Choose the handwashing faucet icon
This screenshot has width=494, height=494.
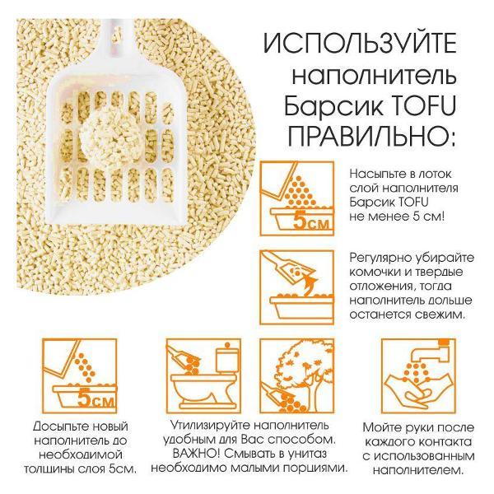coord(411,374)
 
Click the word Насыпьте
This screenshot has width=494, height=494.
coord(375,175)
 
